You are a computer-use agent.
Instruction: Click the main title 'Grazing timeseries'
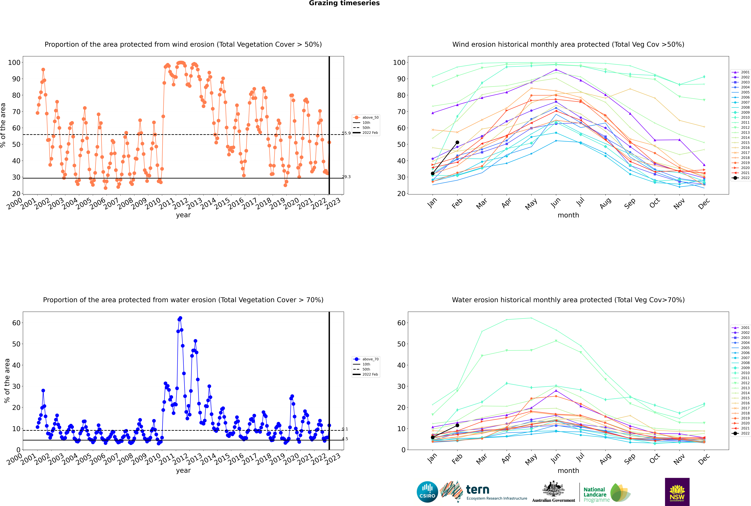(344, 3)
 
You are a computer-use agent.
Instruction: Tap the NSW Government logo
(677, 492)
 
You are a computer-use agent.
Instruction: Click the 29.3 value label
(346, 177)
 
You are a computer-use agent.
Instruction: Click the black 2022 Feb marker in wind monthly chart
(457, 142)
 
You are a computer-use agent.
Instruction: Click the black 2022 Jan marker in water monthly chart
(433, 437)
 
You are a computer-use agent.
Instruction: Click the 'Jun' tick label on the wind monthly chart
(556, 203)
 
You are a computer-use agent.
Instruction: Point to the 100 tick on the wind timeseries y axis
(14, 63)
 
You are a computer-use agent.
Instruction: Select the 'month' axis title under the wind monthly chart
(568, 215)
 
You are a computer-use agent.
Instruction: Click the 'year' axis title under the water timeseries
(183, 471)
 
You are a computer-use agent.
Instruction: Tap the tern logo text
(478, 490)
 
